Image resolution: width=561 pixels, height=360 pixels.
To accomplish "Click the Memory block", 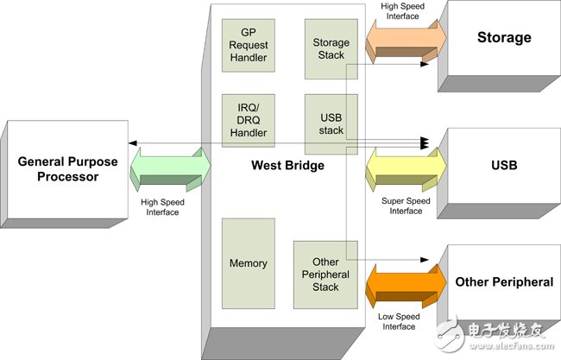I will tap(249, 263).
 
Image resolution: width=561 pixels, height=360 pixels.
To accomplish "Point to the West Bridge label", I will tap(287, 166).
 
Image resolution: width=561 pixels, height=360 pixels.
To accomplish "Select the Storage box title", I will tap(504, 38).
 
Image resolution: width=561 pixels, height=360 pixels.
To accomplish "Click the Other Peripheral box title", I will tap(504, 281).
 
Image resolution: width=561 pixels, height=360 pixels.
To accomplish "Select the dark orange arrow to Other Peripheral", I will tap(405, 283).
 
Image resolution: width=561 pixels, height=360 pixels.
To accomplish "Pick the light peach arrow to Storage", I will tap(405, 41).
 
